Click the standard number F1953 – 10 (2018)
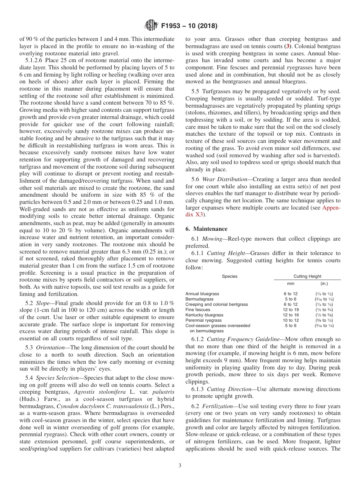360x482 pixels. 189,26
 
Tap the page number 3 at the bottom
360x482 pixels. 180,466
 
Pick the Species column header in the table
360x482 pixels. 229,276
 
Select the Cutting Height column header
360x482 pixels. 307,276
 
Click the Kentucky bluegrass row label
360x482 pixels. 204,315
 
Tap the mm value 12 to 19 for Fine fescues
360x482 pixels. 291,310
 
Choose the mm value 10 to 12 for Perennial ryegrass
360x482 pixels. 291,320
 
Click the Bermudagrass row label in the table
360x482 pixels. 199,299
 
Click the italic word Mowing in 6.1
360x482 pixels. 212,239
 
